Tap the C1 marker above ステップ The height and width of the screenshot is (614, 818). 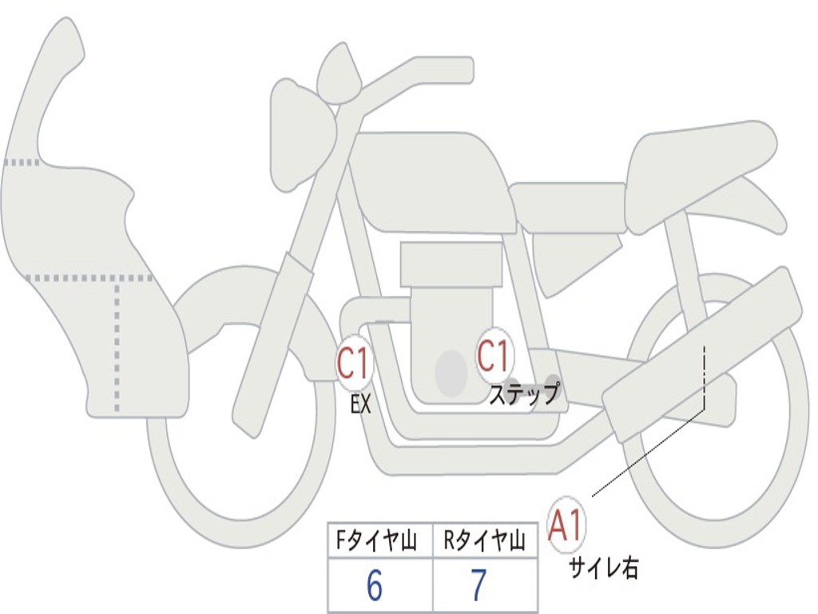tap(494, 355)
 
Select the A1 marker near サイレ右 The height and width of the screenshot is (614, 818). tap(566, 526)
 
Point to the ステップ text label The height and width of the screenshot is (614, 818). tap(523, 394)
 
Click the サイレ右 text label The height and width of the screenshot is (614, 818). tap(604, 568)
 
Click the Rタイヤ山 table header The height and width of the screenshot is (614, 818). tap(485, 542)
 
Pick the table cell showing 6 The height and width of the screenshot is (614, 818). tap(375, 586)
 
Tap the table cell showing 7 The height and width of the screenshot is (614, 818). tap(478, 586)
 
